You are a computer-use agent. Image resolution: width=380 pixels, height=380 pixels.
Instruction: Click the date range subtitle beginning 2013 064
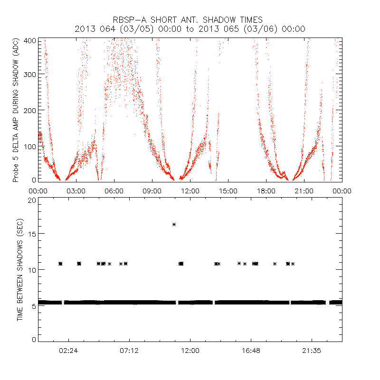(190, 29)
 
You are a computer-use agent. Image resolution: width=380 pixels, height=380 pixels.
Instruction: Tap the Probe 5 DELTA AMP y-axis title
(16, 111)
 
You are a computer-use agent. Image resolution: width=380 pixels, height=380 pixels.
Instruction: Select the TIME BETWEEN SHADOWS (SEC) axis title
(20, 270)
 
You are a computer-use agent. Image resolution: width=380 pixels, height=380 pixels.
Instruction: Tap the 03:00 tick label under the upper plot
(76, 191)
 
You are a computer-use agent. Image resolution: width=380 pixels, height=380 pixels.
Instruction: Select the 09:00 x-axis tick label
(152, 191)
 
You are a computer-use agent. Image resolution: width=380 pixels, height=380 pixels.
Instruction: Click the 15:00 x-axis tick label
(228, 191)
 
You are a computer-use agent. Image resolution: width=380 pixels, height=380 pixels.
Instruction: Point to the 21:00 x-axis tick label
(304, 191)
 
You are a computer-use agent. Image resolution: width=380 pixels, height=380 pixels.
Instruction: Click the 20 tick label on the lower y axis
(31, 200)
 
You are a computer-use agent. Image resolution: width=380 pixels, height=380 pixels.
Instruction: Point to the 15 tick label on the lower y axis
(31, 234)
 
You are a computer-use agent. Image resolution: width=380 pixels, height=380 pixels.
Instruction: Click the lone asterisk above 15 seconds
(174, 225)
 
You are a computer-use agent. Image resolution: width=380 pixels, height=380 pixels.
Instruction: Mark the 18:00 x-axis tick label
(266, 191)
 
